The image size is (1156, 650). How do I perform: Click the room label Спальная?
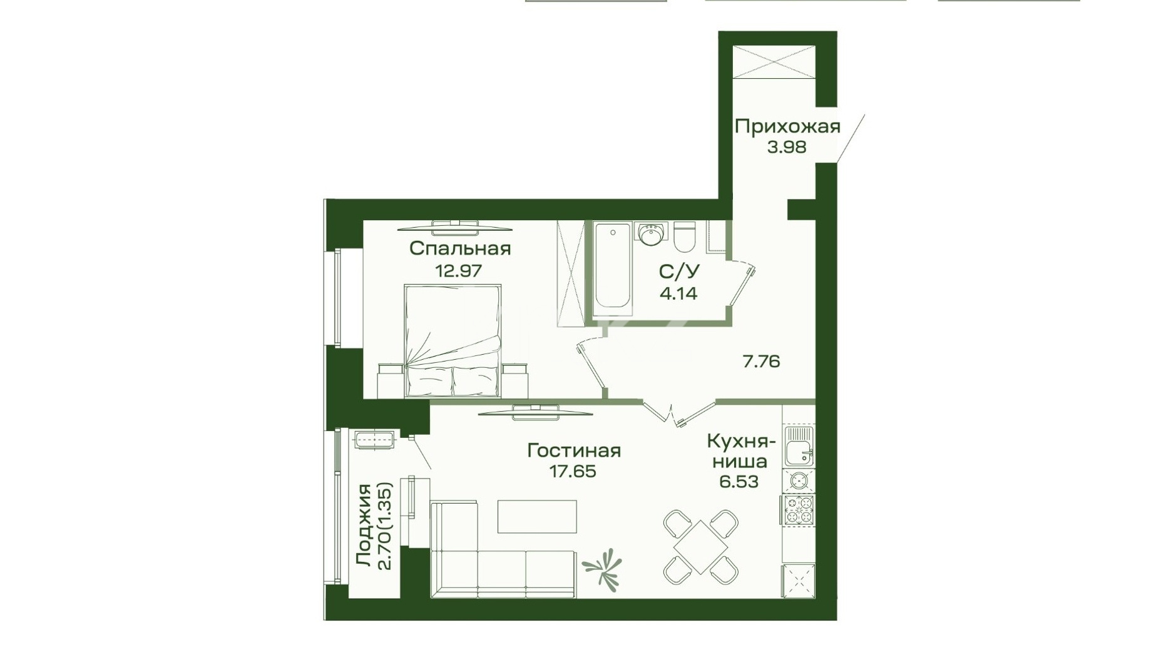click(x=460, y=248)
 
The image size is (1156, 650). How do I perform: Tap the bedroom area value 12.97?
click(x=458, y=271)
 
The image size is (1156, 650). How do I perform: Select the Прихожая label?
click(x=787, y=126)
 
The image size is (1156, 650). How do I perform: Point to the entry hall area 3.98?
click(x=787, y=147)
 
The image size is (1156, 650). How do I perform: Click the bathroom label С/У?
click(x=679, y=272)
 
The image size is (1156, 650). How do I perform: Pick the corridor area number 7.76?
click(x=761, y=362)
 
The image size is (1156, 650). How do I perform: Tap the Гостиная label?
click(x=574, y=450)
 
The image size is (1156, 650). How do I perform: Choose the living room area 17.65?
click(x=573, y=471)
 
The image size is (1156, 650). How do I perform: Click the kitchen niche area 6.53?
click(x=739, y=482)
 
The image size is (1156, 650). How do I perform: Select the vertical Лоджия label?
click(x=364, y=525)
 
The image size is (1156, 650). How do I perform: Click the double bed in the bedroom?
click(x=453, y=341)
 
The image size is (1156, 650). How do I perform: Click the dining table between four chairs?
click(x=701, y=547)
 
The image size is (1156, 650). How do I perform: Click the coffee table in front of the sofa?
click(x=537, y=516)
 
